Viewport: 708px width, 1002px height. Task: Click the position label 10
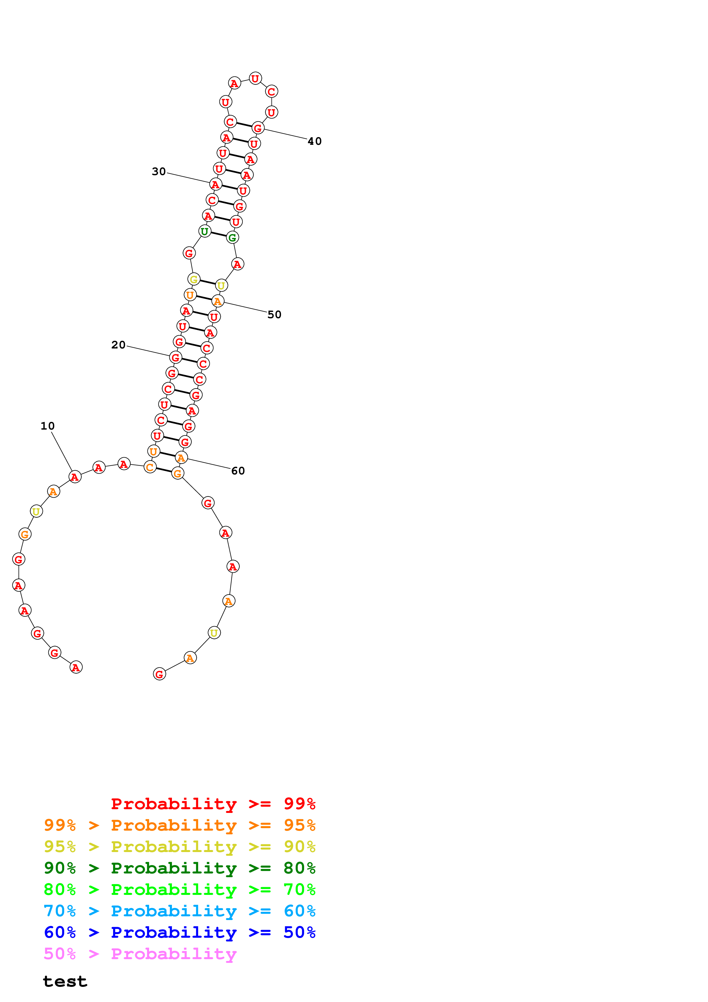47,426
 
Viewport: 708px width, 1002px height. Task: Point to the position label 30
159,171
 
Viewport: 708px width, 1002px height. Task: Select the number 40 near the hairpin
314,141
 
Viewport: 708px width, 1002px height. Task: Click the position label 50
274,315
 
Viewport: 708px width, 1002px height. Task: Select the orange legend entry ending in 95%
180,825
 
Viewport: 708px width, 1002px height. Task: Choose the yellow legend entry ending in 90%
180,847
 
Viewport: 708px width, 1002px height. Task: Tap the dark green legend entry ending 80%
180,868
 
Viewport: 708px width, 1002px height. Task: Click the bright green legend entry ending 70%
180,889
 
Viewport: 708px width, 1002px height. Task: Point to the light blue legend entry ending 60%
180,911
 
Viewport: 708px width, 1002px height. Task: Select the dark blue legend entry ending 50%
180,932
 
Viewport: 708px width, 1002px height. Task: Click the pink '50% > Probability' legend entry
140,953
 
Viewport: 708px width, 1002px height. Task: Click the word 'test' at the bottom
65,981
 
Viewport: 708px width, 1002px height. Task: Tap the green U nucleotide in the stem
204,231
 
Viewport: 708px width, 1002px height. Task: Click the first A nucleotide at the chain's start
76,667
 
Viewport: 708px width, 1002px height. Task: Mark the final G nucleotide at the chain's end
160,674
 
